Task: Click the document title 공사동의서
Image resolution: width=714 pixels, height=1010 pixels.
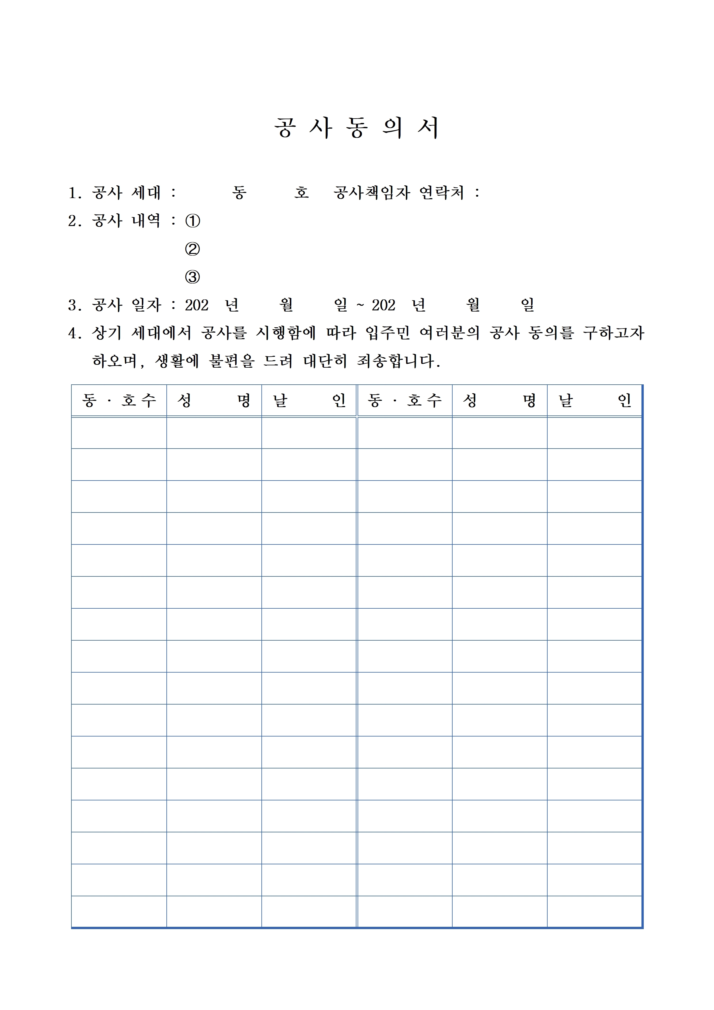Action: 356,128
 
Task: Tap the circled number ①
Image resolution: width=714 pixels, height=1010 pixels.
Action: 193,221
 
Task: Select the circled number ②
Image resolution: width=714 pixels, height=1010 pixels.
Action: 193,249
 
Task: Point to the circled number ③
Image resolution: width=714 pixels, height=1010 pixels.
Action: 193,277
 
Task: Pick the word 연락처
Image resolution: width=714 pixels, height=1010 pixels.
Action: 441,193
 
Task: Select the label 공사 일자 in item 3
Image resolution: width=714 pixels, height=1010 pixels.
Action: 126,305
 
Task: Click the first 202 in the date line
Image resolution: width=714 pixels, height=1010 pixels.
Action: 196,305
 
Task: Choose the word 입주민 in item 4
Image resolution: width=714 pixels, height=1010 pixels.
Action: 387,333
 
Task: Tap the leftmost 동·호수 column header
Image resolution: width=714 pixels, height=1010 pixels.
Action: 119,400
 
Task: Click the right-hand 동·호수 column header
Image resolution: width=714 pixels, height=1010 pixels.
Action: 405,400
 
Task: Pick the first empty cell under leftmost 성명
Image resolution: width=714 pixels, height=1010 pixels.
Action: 214,433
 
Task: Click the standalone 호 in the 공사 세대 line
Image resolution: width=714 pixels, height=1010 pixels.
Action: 301,193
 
